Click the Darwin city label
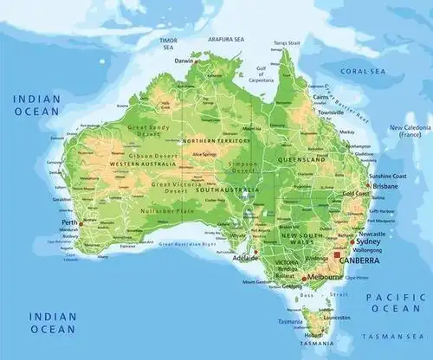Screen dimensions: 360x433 (x=184, y=61)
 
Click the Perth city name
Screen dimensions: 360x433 (x=70, y=222)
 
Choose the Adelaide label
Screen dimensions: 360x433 (x=246, y=258)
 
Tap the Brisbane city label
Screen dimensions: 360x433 (x=385, y=186)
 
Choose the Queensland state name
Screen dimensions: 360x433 (x=302, y=160)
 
